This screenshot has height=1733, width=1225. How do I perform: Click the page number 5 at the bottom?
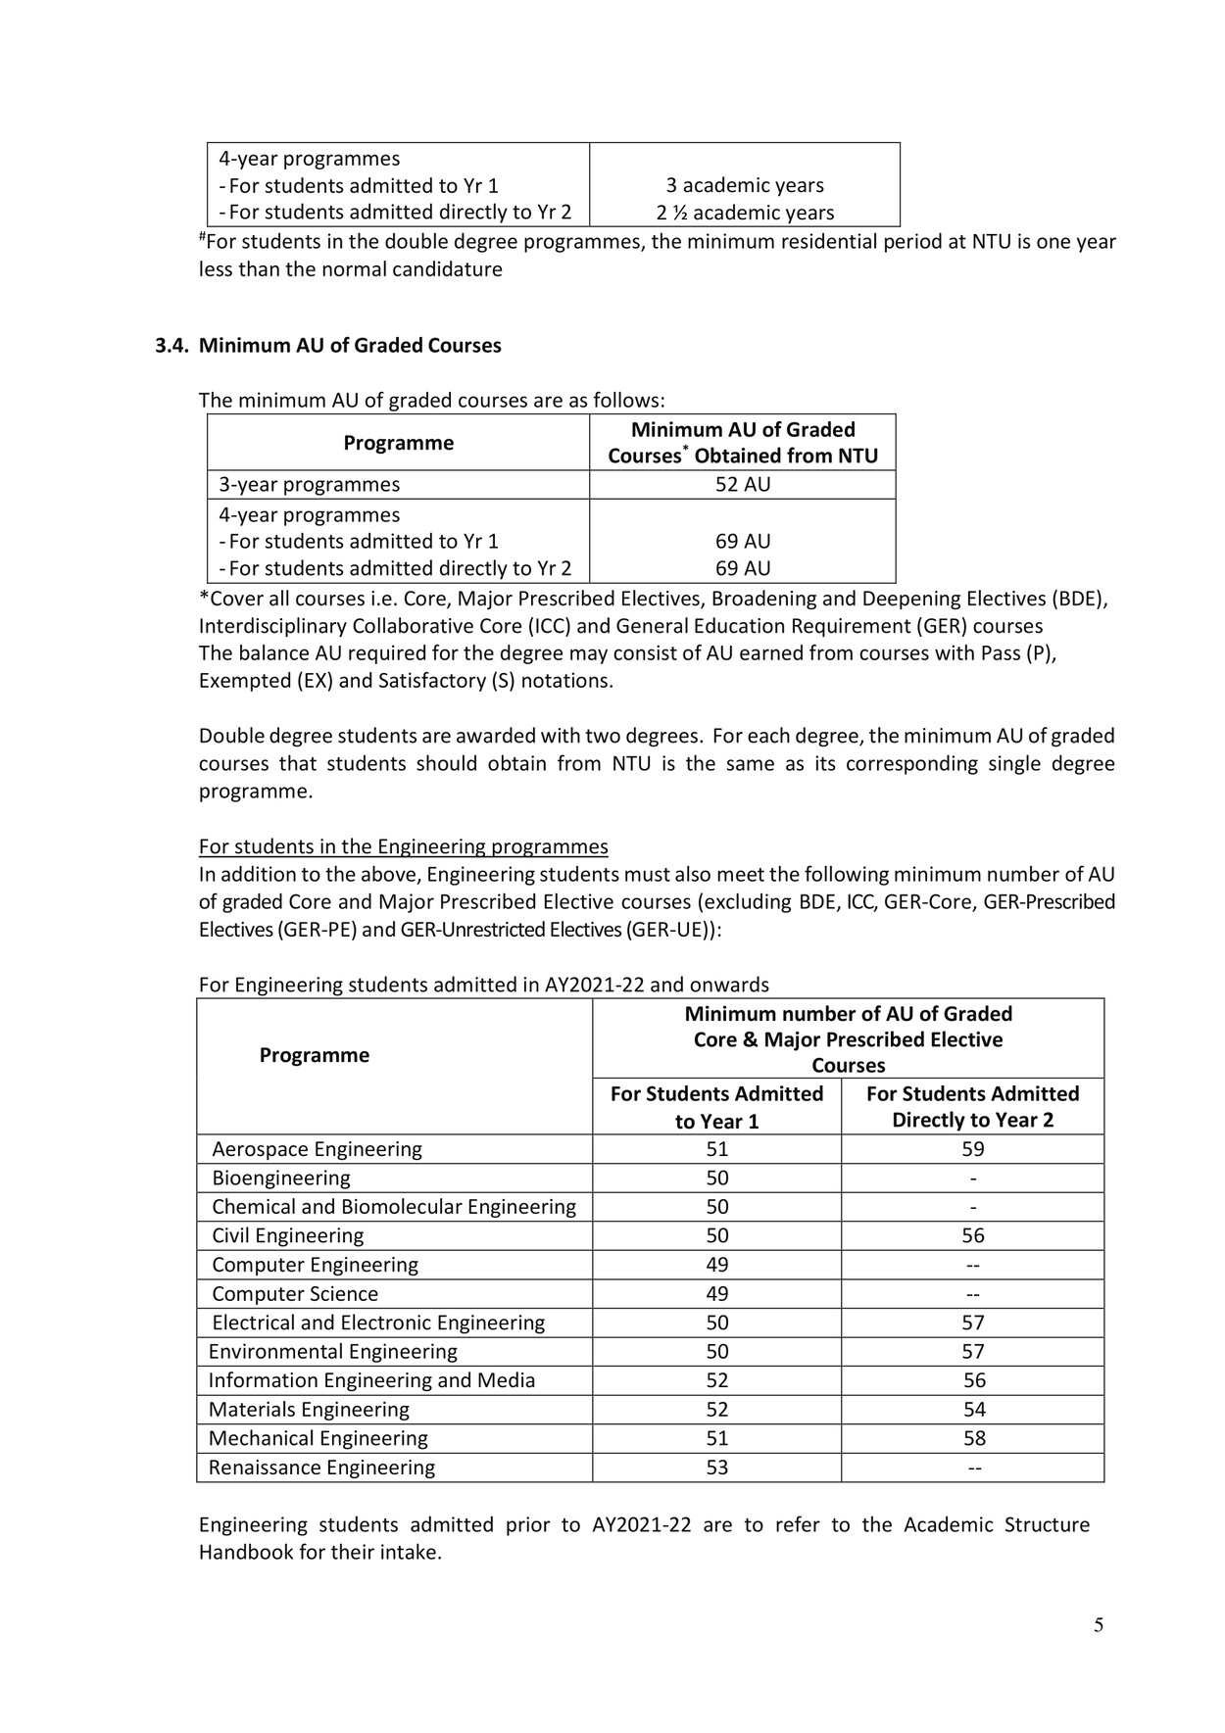[1098, 1625]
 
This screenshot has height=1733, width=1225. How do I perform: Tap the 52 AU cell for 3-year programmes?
[742, 484]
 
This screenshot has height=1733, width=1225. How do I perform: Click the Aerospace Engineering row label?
[317, 1149]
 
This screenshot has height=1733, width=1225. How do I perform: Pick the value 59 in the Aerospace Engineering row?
[972, 1149]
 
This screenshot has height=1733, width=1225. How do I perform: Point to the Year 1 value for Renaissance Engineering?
[716, 1468]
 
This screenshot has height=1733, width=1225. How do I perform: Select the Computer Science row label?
[295, 1294]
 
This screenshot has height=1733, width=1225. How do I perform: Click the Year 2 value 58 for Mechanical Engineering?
[973, 1438]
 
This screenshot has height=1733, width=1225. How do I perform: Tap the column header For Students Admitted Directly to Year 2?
[972, 1107]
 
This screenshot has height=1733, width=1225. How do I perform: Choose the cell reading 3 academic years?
[745, 185]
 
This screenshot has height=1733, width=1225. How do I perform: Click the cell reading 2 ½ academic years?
[745, 213]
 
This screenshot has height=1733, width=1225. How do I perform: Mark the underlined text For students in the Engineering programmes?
[403, 846]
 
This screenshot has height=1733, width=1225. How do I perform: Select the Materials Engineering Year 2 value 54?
[973, 1410]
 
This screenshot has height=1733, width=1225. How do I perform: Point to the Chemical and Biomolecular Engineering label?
[394, 1207]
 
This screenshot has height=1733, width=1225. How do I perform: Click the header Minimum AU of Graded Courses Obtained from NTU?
[742, 443]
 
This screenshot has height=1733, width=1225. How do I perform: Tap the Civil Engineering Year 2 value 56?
[973, 1236]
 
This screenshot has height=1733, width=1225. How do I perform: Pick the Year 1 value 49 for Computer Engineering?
[716, 1265]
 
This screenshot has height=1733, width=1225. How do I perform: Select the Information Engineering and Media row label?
[371, 1380]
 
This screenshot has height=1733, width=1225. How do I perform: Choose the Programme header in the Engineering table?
[314, 1055]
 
